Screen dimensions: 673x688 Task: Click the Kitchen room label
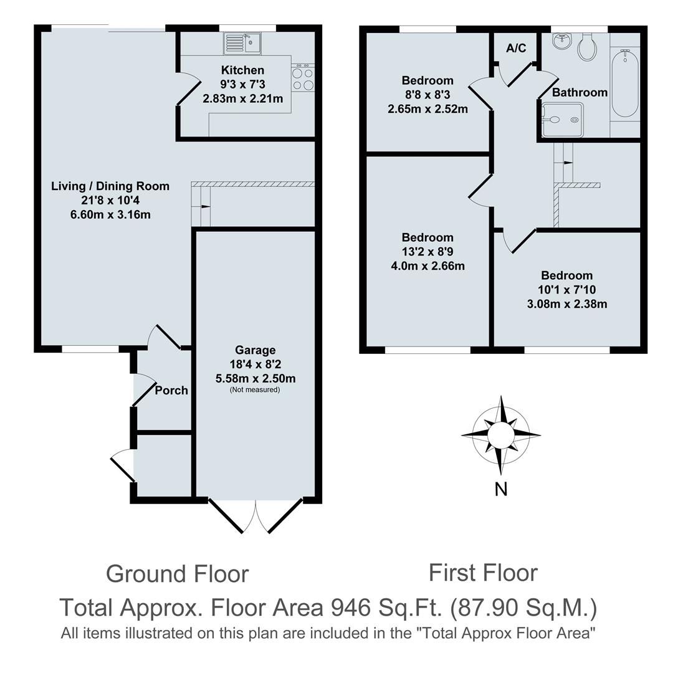coord(242,70)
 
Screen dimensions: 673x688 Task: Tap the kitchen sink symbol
coord(243,43)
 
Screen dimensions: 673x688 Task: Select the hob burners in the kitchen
coord(303,78)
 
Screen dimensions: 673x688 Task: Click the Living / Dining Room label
coord(110,186)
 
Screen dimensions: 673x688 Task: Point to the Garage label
coord(255,350)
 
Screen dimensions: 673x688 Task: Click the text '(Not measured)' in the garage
coord(255,389)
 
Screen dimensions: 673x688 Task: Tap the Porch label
coord(171,390)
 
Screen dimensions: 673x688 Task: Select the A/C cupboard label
coord(516,48)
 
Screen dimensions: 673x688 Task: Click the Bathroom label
coord(580,92)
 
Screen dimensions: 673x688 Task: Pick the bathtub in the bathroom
coord(624,84)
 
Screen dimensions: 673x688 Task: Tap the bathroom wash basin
coord(562,41)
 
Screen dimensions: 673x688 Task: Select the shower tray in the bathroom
coord(561,119)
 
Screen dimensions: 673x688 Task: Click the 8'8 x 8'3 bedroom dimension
coord(427,95)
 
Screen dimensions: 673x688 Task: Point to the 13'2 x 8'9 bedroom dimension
coord(427,252)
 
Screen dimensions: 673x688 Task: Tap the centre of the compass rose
coord(500,434)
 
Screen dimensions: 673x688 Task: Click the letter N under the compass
coord(500,490)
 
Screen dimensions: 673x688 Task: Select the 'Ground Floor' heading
coord(177,573)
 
